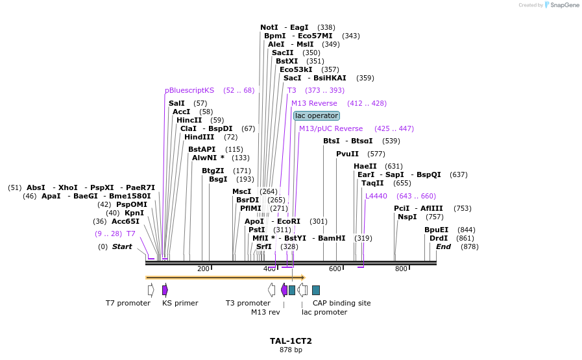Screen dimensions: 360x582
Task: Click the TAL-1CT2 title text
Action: pos(291,341)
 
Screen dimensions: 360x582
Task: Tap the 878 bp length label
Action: pos(291,350)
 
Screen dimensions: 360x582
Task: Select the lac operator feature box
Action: pos(316,115)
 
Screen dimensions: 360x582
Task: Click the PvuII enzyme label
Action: pos(347,154)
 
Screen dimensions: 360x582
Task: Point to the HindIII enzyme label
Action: pos(202,137)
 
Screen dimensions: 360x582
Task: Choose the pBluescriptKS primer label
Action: pos(189,90)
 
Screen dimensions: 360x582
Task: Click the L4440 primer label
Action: pos(376,196)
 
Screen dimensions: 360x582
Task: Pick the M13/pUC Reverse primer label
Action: pos(331,128)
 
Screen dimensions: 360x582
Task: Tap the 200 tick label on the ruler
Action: pos(203,269)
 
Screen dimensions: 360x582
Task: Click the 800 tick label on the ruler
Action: pos(401,269)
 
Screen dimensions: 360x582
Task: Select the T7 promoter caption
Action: pos(128,303)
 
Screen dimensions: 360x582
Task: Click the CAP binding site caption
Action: pos(341,303)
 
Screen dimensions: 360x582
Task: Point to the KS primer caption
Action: pos(180,303)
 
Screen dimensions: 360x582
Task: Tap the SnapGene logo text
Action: pos(562,5)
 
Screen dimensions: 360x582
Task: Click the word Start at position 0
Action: pos(121,246)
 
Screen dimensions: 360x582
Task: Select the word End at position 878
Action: pos(443,246)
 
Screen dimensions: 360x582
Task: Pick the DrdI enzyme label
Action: pos(438,238)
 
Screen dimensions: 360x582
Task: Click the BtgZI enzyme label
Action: pos(213,171)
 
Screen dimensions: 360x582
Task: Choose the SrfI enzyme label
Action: pos(263,246)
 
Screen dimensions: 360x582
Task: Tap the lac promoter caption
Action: pos(324,312)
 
